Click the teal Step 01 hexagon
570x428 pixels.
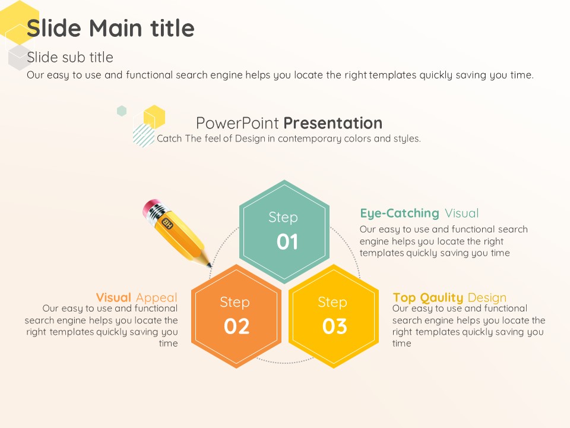coord(284,231)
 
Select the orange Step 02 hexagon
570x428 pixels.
coord(236,316)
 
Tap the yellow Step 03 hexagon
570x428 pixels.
coord(334,316)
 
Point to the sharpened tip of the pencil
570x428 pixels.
coord(210,266)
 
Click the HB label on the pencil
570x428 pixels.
coord(167,223)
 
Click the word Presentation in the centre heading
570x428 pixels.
coord(333,123)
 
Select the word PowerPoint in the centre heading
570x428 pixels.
coord(237,123)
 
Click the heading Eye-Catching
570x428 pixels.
coord(400,213)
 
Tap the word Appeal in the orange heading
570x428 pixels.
coord(157,298)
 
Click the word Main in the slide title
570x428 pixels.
coord(115,28)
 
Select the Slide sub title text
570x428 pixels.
coord(70,57)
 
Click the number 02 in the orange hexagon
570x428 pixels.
coord(237,326)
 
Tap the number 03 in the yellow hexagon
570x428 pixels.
coord(334,326)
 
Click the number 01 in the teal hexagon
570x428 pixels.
coord(287,242)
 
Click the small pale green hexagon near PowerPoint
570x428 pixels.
coord(122,111)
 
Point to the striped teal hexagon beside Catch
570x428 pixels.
coord(144,136)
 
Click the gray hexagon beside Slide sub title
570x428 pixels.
coord(19,58)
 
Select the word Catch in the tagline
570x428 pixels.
coord(169,139)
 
